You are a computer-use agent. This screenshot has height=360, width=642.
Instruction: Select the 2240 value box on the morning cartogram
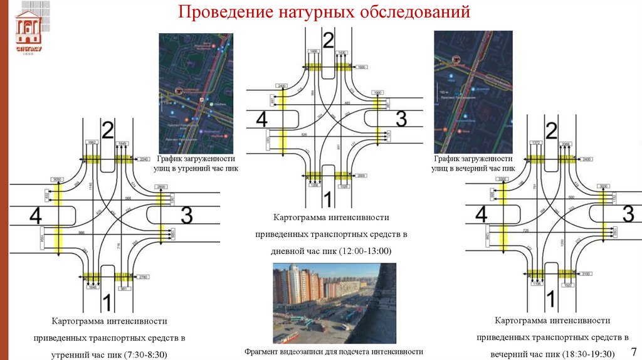click(x=144, y=159)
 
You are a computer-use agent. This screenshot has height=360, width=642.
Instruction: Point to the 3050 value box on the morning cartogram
click(x=57, y=179)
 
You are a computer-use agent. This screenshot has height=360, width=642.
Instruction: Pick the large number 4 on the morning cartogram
click(x=35, y=216)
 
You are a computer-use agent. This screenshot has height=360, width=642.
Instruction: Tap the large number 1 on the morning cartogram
click(x=107, y=302)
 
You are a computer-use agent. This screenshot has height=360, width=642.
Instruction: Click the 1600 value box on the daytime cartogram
click(x=362, y=66)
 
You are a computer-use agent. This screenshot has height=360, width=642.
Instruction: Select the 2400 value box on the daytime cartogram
click(x=282, y=85)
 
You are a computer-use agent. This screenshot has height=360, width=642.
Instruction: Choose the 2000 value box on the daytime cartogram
click(x=362, y=176)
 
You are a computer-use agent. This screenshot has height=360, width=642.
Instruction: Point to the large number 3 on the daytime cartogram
click(x=401, y=117)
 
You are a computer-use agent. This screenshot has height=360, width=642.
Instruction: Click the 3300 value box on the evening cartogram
click(x=501, y=179)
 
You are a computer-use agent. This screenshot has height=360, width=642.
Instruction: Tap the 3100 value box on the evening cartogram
click(x=586, y=273)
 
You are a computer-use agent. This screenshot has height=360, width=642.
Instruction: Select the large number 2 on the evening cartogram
click(x=551, y=131)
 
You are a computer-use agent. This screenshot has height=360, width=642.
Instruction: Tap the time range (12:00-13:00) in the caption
click(x=365, y=251)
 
